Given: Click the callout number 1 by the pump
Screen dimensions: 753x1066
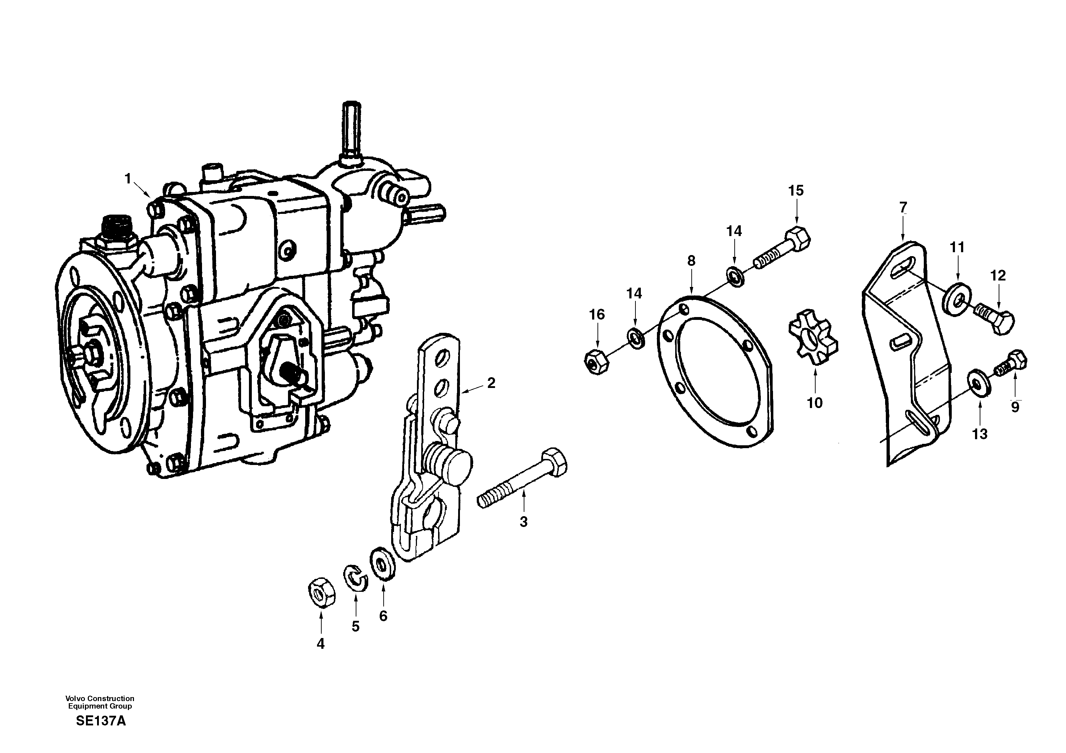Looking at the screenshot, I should [x=128, y=179].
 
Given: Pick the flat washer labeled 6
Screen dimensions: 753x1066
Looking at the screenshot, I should [x=383, y=564].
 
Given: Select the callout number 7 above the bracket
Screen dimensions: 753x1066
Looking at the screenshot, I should [x=903, y=207].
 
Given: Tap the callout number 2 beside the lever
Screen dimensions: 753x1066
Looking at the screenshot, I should [x=491, y=383].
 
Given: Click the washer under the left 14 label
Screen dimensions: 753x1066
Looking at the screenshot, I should [x=635, y=337].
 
